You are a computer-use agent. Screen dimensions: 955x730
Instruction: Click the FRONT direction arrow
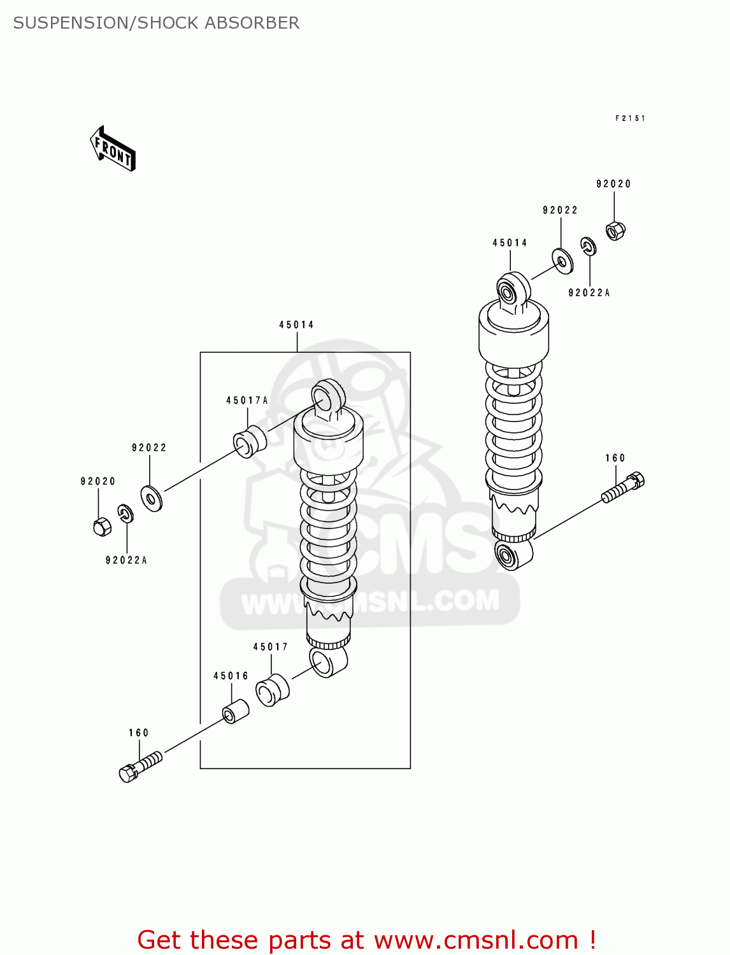[x=113, y=149]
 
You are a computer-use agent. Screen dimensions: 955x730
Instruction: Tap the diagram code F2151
[x=630, y=118]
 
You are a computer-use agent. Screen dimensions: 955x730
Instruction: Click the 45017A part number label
[x=247, y=400]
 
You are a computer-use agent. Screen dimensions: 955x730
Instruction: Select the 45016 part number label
[x=231, y=676]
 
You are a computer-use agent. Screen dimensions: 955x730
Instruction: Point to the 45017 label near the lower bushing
[x=271, y=647]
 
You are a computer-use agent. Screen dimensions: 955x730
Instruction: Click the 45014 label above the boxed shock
[x=297, y=325]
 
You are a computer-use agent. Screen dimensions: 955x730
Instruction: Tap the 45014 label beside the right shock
[x=510, y=243]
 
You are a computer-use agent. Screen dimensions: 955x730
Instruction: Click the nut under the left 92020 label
[x=102, y=527]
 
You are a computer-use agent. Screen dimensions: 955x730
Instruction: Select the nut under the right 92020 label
[x=615, y=230]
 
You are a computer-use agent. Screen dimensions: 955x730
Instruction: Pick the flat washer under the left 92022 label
[x=152, y=499]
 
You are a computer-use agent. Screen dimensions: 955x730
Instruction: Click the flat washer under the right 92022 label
[x=562, y=261]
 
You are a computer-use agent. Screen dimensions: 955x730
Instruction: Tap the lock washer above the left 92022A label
[x=125, y=513]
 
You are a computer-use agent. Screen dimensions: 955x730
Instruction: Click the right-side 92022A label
[x=589, y=293]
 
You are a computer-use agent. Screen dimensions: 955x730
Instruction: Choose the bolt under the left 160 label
[x=140, y=766]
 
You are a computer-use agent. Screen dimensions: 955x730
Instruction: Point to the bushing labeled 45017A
[x=250, y=441]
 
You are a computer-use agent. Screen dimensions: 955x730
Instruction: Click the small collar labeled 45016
[x=235, y=711]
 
